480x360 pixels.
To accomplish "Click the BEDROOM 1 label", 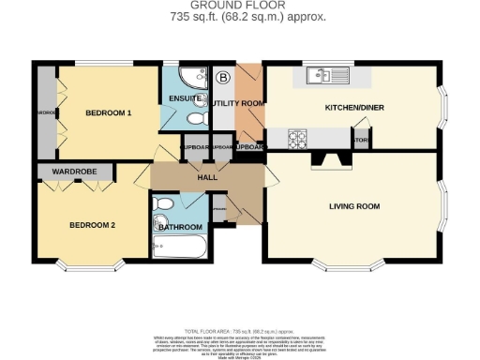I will coord(108,112).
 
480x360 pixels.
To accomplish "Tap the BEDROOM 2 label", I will coord(93,225).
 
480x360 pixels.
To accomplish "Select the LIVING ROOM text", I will coord(353,205).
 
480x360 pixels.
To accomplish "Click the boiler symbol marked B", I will coord(223,77).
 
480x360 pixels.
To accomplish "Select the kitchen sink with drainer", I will coord(325,73).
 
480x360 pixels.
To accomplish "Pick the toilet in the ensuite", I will coord(194,120).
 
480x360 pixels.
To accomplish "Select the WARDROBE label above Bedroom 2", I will coord(75,172).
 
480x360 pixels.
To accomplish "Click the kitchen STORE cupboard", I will coord(361,140).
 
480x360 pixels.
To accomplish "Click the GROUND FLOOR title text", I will coord(238,6).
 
